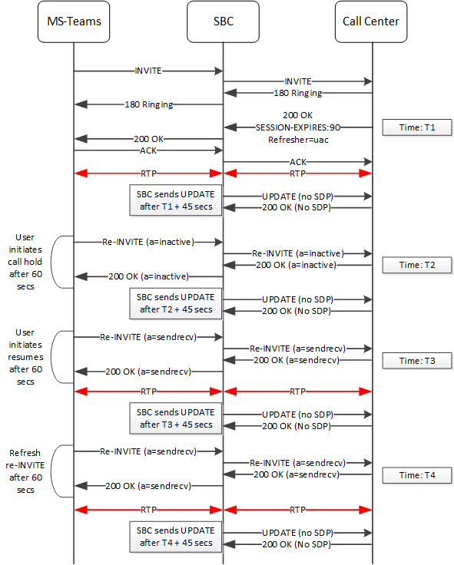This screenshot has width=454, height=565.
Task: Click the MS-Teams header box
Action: coord(74,21)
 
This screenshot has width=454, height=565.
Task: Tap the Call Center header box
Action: coord(372,21)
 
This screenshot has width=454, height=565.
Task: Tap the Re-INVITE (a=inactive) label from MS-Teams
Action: coord(149,241)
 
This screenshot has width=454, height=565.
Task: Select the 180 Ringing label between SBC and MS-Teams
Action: coord(150,104)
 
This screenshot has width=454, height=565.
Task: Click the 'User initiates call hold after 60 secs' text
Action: coord(28,261)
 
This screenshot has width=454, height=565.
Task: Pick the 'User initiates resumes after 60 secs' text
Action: coord(28,357)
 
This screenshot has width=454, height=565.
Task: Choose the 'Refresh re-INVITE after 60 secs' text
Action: coord(28,471)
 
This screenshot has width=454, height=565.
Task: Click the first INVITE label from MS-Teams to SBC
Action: coord(148,71)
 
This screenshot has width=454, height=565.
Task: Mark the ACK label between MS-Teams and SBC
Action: coord(148,150)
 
